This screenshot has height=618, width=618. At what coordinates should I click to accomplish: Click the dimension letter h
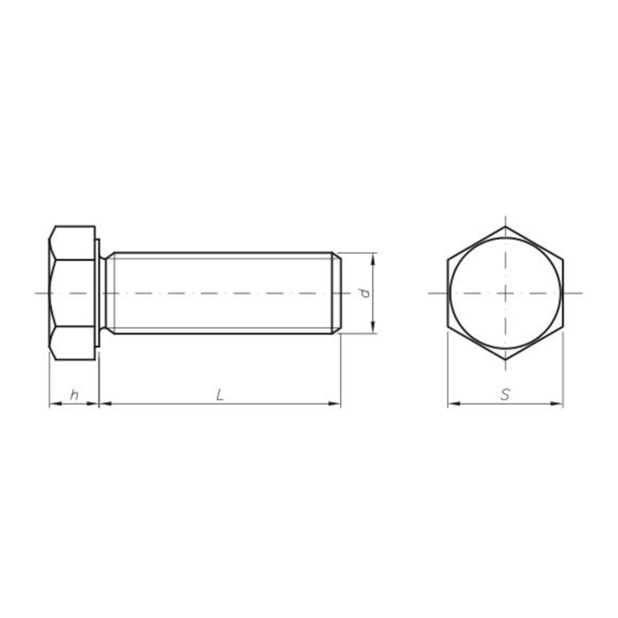(x=73, y=395)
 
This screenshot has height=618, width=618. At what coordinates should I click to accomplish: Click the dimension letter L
(x=220, y=395)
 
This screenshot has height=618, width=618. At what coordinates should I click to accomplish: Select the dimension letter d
(x=365, y=293)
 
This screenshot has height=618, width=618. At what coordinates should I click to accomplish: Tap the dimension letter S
(x=505, y=395)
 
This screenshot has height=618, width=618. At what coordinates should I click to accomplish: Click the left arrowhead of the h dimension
(x=54, y=404)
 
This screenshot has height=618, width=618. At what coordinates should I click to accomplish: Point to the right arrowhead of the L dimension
(x=335, y=404)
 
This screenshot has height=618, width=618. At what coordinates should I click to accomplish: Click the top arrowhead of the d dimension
(x=372, y=259)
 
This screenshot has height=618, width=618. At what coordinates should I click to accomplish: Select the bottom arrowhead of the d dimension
(x=372, y=328)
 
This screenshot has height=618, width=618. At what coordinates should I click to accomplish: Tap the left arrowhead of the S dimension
(x=454, y=404)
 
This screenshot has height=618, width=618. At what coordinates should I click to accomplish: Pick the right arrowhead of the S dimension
(x=557, y=404)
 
